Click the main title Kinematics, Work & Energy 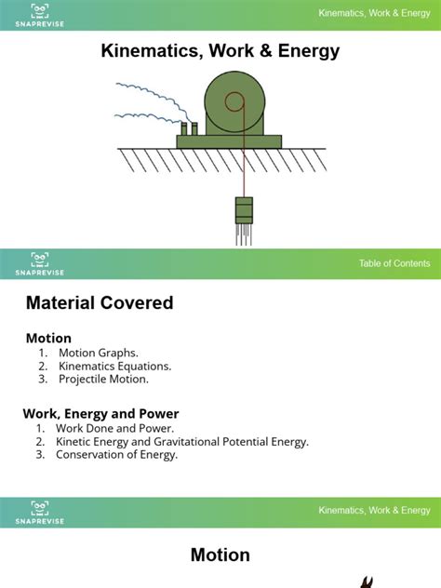pos(220,51)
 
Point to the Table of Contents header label pos(394,263)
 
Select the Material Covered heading pos(100,302)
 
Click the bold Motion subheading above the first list pos(48,338)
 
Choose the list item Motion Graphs pos(98,353)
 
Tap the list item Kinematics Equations pos(114,366)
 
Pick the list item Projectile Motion pos(103,379)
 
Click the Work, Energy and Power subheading pos(100,413)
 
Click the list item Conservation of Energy pos(116,455)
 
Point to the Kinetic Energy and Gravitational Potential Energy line pos(181,442)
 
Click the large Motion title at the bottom pos(220,555)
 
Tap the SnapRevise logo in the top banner pos(39,14)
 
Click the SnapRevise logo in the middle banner pos(39,263)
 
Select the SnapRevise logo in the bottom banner pos(39,512)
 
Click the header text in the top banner pos(374,13)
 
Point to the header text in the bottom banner pos(374,510)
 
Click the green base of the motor pos(229,141)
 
